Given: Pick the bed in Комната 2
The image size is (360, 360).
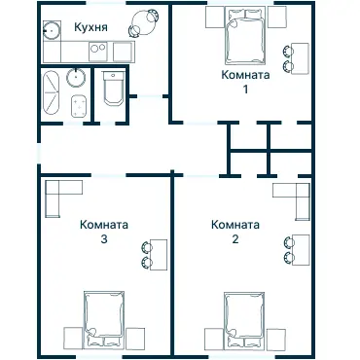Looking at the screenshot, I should coord(245,317).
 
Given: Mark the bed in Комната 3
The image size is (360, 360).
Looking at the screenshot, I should coord(104,317).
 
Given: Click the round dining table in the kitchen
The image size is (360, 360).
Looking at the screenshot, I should coord(146,18).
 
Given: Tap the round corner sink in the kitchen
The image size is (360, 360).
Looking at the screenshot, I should coord(52,27).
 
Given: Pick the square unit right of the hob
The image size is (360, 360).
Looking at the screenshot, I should coord(123,51).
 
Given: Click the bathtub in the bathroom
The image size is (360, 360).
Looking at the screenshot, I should coord(52,95).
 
